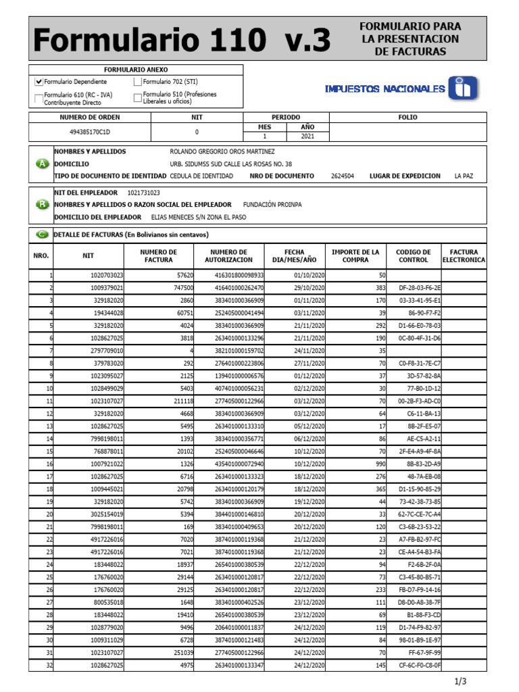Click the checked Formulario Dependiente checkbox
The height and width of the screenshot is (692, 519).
39,82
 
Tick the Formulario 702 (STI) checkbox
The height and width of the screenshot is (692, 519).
138,82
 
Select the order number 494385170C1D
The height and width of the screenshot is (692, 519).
90,132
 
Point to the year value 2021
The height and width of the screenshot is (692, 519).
307,136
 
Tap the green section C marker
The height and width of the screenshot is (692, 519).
42,234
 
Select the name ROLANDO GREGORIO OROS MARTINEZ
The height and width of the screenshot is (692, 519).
222,152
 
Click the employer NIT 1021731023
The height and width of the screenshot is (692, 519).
144,193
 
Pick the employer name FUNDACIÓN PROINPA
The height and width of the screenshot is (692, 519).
272,205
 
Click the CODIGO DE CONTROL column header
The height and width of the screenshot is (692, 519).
413,256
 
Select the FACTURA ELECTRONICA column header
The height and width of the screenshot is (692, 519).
464,256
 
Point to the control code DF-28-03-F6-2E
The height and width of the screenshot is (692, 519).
420,288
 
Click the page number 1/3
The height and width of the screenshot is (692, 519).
461,681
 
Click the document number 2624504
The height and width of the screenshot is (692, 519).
343,176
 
